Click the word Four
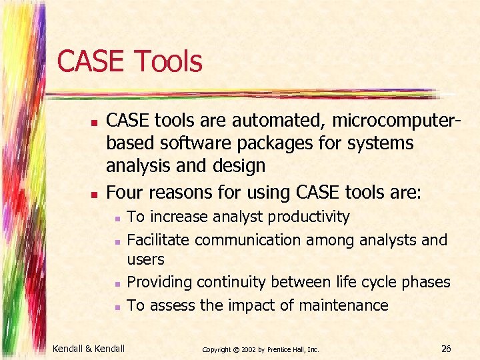click(x=125, y=193)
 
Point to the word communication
click(x=247, y=239)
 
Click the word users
click(x=145, y=259)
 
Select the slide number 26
click(x=447, y=347)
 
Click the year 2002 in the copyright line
click(x=247, y=349)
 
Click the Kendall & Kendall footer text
click(x=89, y=347)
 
